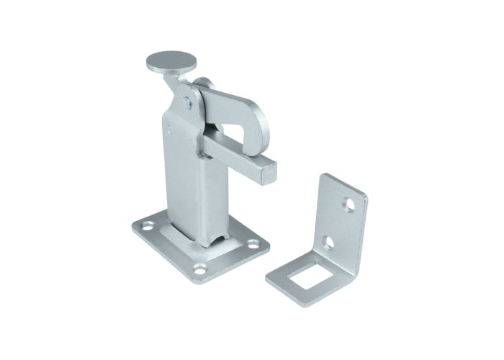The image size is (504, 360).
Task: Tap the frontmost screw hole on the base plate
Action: (201, 270)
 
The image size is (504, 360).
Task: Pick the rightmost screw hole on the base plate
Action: (254, 243)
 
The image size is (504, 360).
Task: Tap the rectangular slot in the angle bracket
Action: (301, 276)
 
